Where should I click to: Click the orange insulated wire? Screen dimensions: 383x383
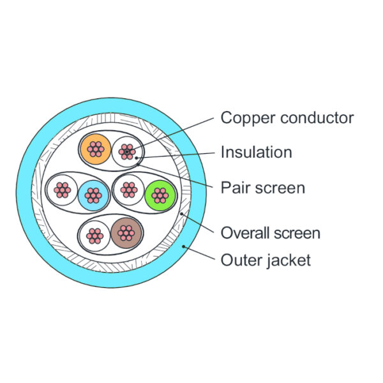96,149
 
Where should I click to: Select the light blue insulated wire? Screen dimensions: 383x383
93,195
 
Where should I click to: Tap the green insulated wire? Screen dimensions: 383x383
160,195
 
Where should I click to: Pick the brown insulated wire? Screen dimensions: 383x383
126,233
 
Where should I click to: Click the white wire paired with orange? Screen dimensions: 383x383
127,152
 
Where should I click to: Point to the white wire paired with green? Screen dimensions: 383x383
129,190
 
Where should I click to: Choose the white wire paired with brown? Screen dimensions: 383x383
94,236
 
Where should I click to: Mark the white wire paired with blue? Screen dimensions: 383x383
63,190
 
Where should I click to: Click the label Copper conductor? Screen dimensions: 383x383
287,118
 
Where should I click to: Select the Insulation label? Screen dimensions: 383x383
257,152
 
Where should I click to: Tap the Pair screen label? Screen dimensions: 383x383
263,188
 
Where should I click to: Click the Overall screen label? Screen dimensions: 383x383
271,233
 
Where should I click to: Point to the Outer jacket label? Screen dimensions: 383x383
266,260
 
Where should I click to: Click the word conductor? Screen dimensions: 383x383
317,118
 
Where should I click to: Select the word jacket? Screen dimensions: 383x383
289,260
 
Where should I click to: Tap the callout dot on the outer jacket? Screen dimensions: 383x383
184,246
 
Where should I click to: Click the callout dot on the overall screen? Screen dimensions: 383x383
181,214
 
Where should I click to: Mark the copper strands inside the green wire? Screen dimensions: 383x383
160,195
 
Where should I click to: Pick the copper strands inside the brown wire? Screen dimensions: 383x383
126,233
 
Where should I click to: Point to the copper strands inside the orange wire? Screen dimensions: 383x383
96,149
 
